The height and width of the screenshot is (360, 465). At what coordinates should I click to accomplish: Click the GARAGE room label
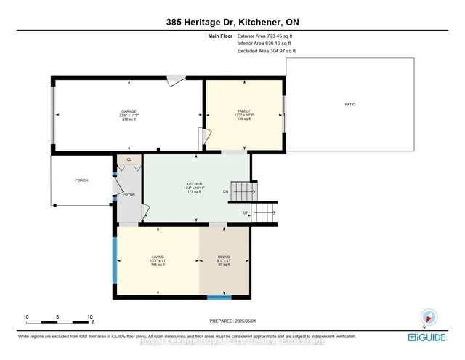(x=129, y=112)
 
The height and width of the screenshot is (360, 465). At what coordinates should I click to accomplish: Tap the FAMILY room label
(x=243, y=112)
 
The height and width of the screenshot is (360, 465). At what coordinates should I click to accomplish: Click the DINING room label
(x=224, y=257)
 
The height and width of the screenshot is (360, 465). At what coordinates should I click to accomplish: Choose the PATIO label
(x=349, y=105)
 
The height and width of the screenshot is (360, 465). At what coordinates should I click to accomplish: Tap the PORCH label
(x=81, y=180)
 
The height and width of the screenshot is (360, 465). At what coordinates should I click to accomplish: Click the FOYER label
(x=129, y=196)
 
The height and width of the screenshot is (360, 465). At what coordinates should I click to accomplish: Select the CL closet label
(x=129, y=159)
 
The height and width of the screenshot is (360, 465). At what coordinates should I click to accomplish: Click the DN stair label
(x=225, y=192)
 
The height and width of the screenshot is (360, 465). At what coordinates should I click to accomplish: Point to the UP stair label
(x=246, y=212)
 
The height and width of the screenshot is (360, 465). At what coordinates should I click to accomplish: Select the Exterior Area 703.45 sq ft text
(x=264, y=36)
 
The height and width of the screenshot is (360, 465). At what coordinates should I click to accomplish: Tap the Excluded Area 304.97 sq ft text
(x=266, y=52)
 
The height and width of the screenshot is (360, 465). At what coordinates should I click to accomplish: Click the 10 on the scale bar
(x=90, y=317)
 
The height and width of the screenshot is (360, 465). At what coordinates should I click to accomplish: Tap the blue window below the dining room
(x=219, y=296)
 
